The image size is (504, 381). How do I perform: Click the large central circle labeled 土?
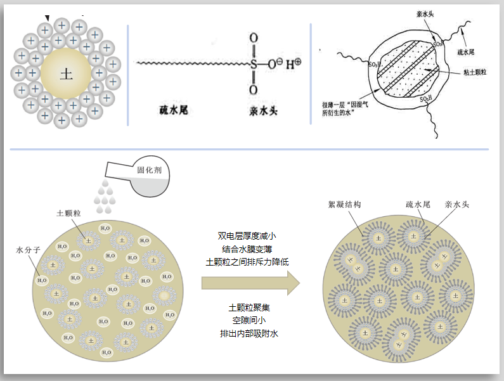66,74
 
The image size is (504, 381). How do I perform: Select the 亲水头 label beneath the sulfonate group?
263,112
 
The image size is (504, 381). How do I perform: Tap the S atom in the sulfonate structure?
254,64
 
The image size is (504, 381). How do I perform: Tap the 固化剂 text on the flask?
150,170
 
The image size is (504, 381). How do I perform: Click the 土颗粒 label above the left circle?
68,214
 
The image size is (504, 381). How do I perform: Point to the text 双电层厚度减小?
245,236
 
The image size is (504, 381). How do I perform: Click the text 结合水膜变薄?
245,249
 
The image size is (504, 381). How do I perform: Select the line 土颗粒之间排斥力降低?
245,261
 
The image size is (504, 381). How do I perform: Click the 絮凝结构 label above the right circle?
344,205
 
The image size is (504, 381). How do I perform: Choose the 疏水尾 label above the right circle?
418,205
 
